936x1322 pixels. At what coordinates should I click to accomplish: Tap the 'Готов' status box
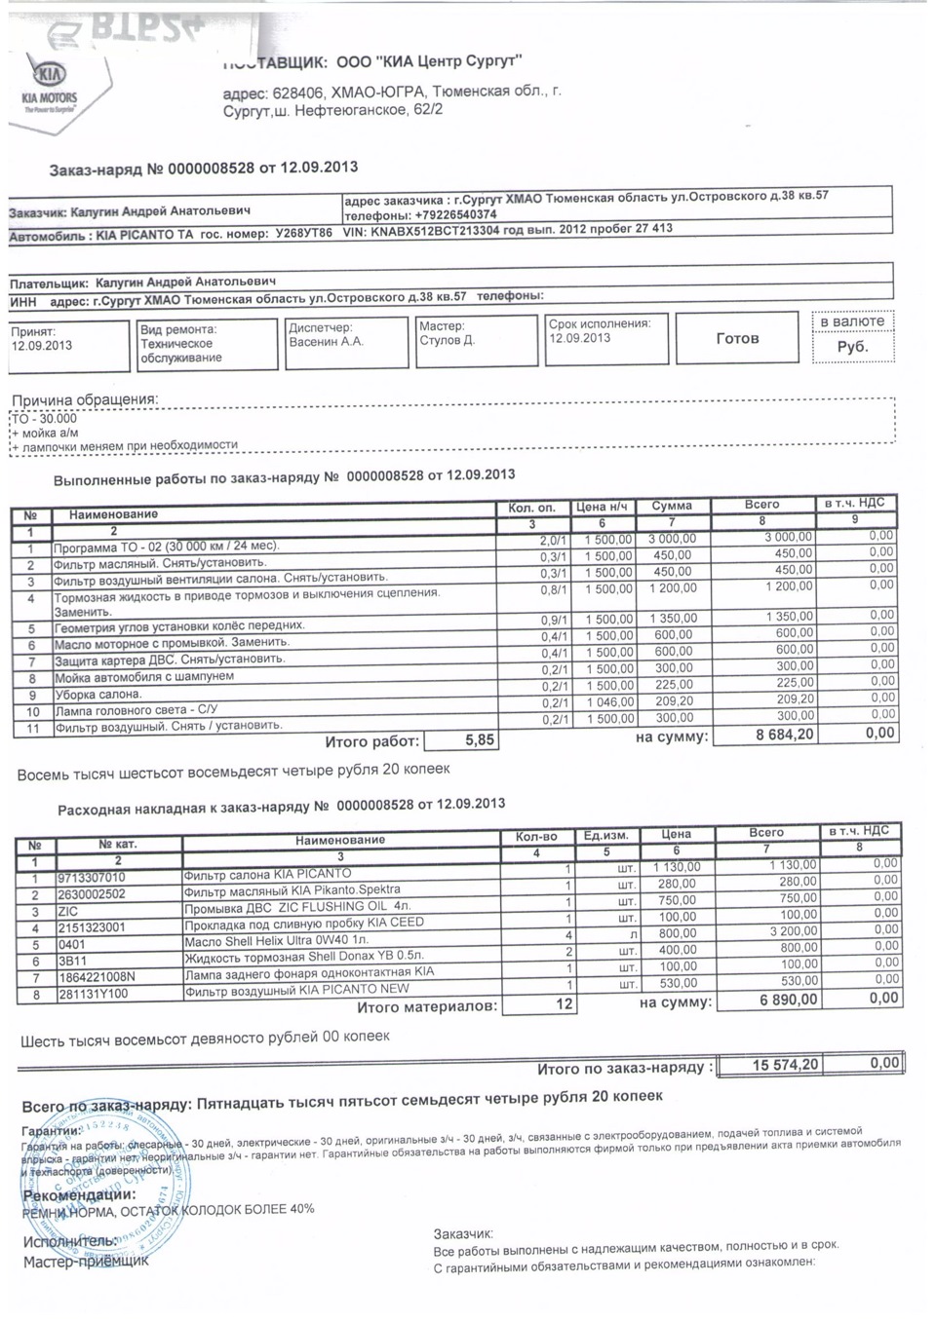click(x=737, y=339)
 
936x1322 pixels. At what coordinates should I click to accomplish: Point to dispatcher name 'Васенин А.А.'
click(x=326, y=342)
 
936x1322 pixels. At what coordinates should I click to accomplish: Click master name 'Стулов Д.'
click(x=447, y=340)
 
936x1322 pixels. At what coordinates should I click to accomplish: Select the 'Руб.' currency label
click(x=852, y=347)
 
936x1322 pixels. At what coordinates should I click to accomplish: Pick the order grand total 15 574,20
click(x=785, y=1066)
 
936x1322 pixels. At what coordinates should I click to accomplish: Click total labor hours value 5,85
click(x=480, y=740)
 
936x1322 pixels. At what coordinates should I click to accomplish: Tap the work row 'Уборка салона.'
click(x=98, y=695)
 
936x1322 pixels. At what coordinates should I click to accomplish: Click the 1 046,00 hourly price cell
click(x=609, y=701)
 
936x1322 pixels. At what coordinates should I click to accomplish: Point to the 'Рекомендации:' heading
click(x=79, y=1195)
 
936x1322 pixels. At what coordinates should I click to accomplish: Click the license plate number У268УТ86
click(x=303, y=235)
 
